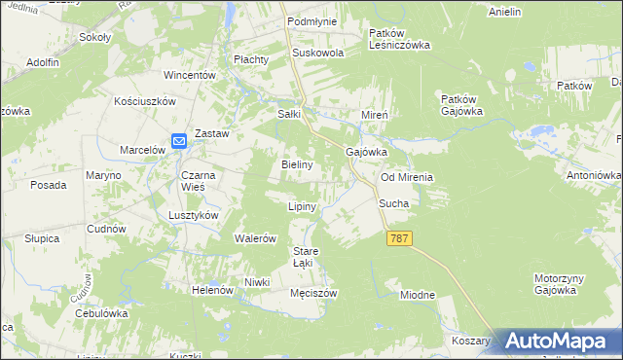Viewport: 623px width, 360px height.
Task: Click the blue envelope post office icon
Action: click(179, 142)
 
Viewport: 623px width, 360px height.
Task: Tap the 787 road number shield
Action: click(399, 238)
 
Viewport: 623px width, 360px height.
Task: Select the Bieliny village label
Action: click(297, 165)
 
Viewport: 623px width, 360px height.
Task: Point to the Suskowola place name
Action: click(313, 54)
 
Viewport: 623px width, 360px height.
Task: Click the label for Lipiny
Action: click(302, 207)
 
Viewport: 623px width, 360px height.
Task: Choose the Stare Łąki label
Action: click(307, 257)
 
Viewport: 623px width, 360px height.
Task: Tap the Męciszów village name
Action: click(313, 293)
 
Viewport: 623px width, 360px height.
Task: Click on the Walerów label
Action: click(257, 238)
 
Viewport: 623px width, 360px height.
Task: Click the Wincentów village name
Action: click(189, 75)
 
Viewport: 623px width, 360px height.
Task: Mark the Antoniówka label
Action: click(595, 176)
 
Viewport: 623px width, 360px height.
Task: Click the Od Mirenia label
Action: click(406, 178)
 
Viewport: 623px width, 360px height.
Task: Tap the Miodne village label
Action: click(417, 295)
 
